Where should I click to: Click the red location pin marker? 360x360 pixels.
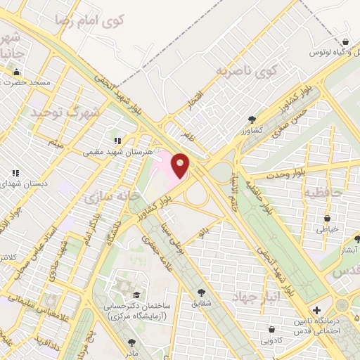click(180, 166)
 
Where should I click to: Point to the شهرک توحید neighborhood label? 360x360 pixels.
click(65, 112)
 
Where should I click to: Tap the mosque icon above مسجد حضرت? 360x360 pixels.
click(16, 72)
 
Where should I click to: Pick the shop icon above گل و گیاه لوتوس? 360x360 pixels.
click(344, 43)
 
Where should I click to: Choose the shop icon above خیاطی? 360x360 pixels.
click(330, 217)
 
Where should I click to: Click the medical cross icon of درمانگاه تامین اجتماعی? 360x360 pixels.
click(316, 310)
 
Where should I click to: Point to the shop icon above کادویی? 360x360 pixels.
click(271, 329)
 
